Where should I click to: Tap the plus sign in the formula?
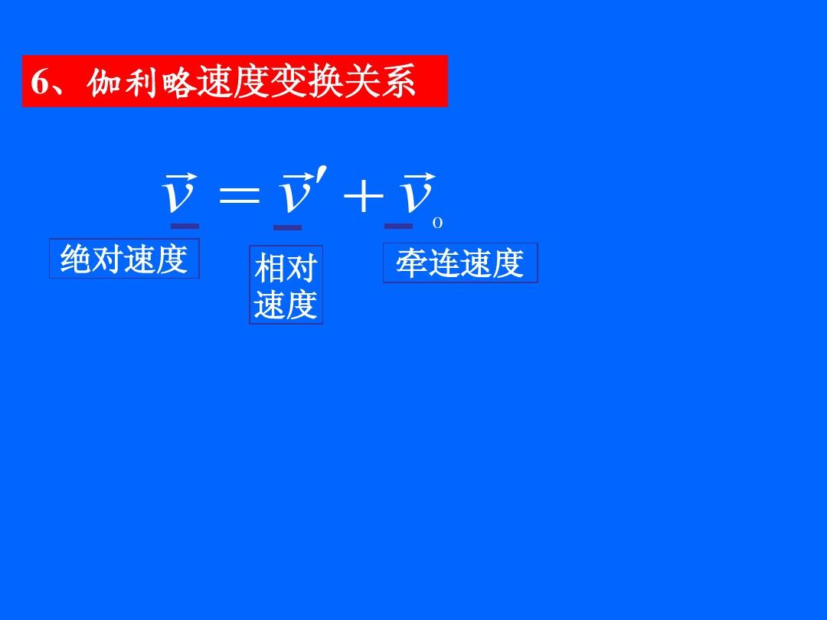363,197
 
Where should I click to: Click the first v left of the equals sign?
178,197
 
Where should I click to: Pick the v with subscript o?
416,197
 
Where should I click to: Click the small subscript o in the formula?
437,224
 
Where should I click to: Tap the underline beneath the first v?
185,226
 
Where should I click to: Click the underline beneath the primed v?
288,227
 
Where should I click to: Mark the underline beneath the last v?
398,226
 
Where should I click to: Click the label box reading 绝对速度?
124,259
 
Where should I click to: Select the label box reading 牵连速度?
460,263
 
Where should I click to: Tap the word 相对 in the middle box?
286,269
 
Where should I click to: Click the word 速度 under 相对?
286,305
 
